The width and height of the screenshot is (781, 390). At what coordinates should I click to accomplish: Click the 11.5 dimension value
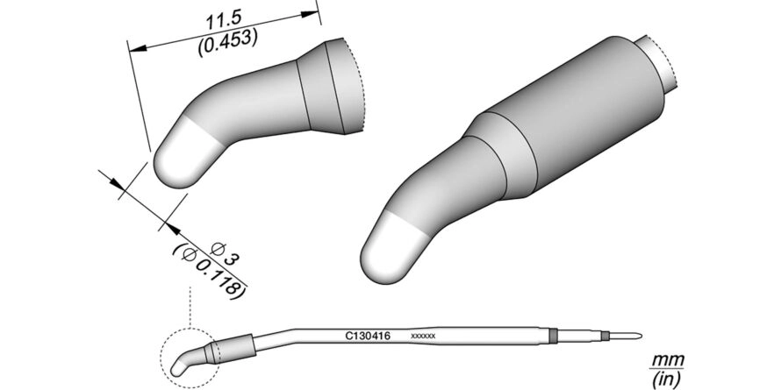point(224,21)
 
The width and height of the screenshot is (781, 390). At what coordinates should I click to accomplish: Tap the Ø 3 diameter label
point(226,253)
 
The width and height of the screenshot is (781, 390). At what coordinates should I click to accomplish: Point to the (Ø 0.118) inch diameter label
point(209,273)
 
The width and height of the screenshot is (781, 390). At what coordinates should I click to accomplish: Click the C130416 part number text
point(368,337)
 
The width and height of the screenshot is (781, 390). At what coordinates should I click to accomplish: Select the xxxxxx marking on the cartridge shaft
point(423,337)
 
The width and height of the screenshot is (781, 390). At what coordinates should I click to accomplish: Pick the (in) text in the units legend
point(666,380)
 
